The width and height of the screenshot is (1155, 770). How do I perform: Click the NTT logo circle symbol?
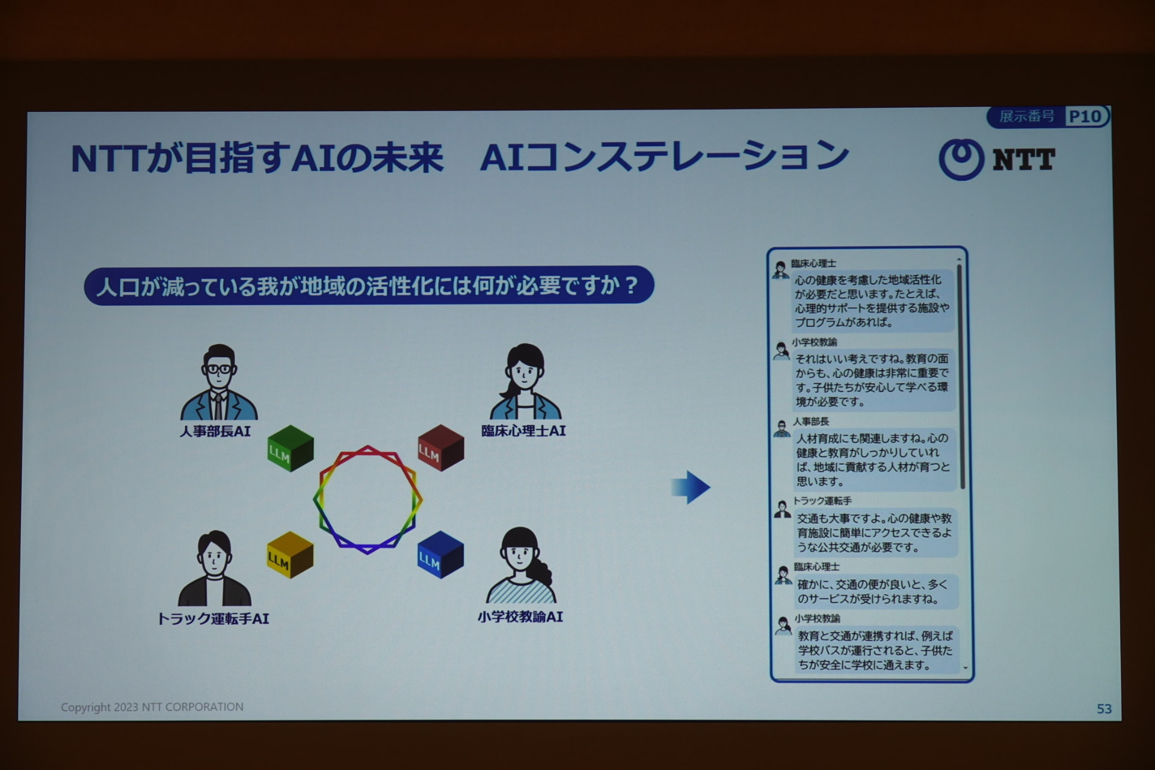(x=961, y=159)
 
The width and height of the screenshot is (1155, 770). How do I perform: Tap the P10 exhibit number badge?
(x=1085, y=116)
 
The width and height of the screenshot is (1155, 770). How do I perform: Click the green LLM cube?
(x=291, y=448)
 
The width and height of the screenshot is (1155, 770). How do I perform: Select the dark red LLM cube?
(x=441, y=448)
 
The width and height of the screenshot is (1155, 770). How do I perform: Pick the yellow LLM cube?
(x=290, y=555)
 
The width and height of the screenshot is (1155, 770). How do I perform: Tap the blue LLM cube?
(x=441, y=555)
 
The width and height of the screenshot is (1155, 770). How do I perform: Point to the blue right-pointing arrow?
(x=691, y=487)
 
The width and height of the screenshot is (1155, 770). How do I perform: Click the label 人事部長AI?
(x=215, y=431)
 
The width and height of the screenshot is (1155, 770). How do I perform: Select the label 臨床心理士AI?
(x=523, y=431)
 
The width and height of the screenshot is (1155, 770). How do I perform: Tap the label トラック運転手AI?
(x=213, y=618)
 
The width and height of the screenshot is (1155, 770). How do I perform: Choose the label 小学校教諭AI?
(x=520, y=617)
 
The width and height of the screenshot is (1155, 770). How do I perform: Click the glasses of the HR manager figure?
(x=218, y=369)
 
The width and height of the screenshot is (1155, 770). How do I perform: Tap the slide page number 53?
(x=1104, y=709)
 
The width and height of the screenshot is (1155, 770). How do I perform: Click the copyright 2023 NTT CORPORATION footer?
(x=152, y=707)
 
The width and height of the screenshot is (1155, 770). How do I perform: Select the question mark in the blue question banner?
(x=631, y=285)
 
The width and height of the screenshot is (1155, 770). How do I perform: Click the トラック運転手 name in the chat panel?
(x=822, y=500)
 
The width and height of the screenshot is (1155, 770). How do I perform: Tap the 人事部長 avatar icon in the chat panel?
(x=781, y=429)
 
